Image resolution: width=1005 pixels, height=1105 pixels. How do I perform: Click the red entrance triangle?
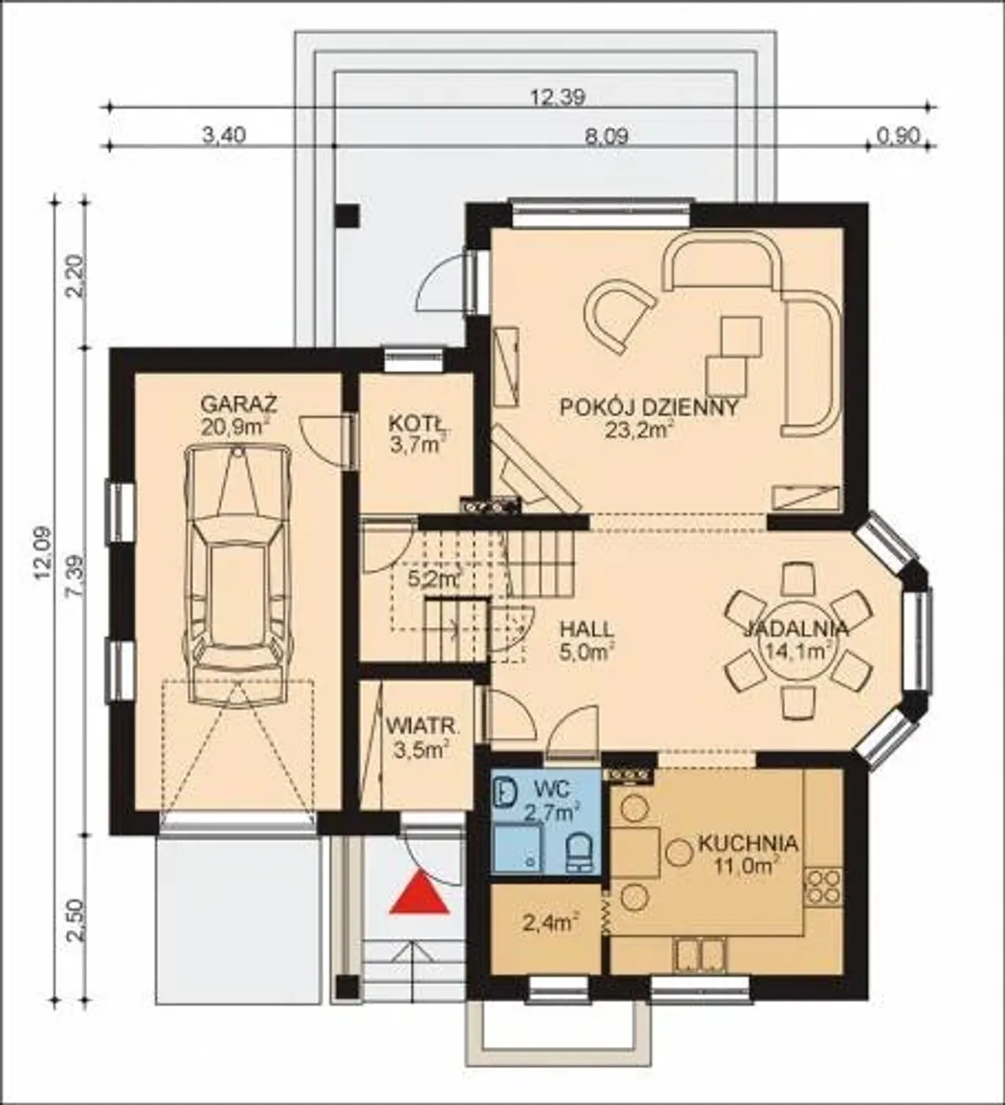[419, 893]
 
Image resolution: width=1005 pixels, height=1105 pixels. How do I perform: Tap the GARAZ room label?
[239, 405]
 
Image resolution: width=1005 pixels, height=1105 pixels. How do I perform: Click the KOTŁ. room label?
[420, 423]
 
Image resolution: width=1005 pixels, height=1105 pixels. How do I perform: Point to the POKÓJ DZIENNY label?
[649, 408]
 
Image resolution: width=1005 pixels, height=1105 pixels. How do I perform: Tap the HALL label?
[587, 628]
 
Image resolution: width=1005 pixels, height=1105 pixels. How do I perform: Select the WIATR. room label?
[422, 726]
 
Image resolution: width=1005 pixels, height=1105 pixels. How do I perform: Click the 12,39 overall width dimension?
[557, 97]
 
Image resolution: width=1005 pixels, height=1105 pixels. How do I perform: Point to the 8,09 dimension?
[606, 136]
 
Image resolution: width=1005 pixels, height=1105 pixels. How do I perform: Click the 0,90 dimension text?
[898, 136]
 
